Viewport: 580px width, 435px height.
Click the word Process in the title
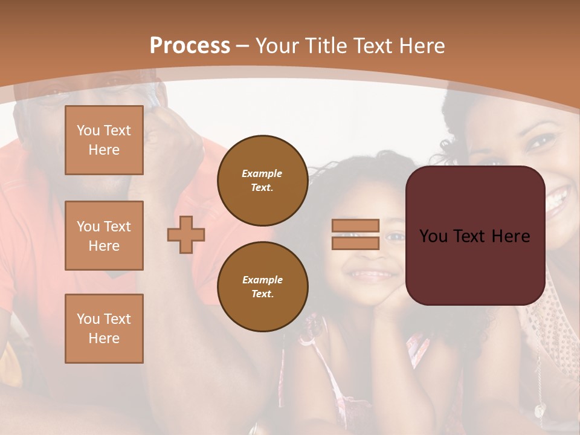pyautogui.click(x=190, y=46)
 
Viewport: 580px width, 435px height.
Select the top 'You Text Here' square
pyautogui.click(x=104, y=140)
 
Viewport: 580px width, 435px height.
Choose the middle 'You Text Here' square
pyautogui.click(x=104, y=236)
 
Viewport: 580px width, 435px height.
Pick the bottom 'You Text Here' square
pyautogui.click(x=104, y=329)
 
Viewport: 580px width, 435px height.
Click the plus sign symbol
pyautogui.click(x=186, y=234)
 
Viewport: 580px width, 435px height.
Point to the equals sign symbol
pyautogui.click(x=355, y=234)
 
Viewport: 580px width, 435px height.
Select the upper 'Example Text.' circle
pyautogui.click(x=262, y=181)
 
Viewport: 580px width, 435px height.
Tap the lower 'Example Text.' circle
pyautogui.click(x=262, y=287)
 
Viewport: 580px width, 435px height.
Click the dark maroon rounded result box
pyautogui.click(x=475, y=236)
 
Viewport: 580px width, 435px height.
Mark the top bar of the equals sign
pyautogui.click(x=355, y=226)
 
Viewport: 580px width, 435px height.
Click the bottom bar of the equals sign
pyautogui.click(x=355, y=243)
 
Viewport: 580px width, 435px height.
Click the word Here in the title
pyautogui.click(x=422, y=46)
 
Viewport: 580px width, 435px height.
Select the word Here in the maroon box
pyautogui.click(x=510, y=236)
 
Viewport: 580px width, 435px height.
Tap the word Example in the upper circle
pyautogui.click(x=262, y=174)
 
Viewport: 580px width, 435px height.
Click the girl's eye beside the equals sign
pyautogui.click(x=395, y=236)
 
